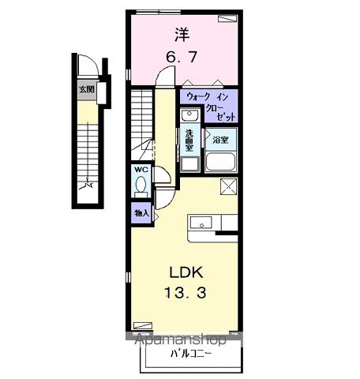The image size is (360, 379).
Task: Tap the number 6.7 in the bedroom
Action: coord(181,57)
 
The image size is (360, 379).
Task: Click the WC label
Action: coord(140,170)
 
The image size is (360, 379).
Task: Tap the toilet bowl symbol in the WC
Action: coord(141,186)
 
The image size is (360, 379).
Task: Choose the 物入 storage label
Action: coord(141,212)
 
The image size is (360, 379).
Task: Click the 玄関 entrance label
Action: coord(86,89)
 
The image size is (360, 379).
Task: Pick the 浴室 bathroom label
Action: coord(219,140)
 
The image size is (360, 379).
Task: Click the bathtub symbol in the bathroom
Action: coord(219,162)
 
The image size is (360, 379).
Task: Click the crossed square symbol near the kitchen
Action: coord(228,186)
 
